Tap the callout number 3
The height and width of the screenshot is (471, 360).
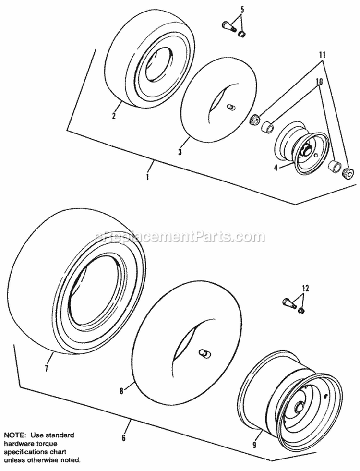click(x=180, y=152)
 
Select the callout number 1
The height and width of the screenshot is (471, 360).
click(x=147, y=177)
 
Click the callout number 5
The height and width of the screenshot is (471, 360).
click(x=242, y=9)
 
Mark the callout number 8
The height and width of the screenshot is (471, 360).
click(x=121, y=391)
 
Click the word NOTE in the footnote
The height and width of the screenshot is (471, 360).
click(x=13, y=422)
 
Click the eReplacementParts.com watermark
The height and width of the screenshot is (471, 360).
click(x=180, y=236)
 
